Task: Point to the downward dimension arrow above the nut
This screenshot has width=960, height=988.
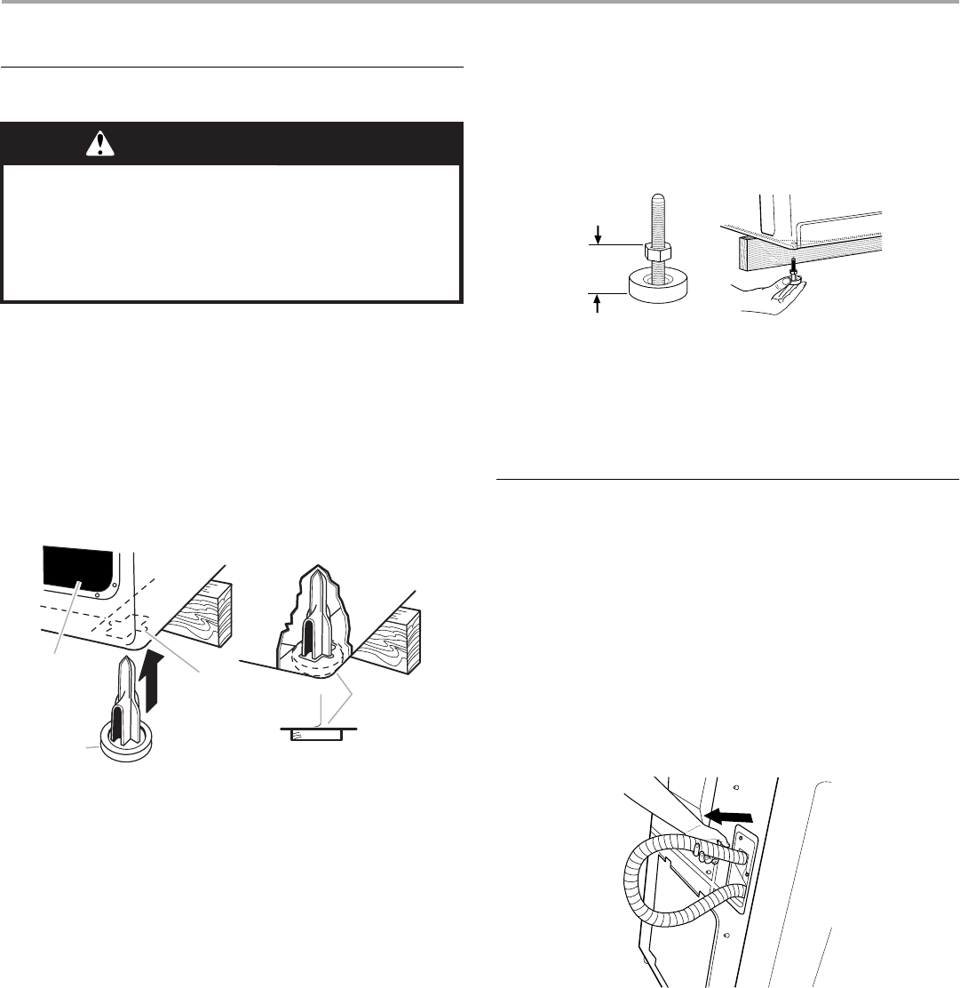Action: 599,233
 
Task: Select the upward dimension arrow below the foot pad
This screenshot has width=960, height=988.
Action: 599,305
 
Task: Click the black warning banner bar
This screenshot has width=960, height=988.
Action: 233,143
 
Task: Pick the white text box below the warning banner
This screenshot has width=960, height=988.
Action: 233,230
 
